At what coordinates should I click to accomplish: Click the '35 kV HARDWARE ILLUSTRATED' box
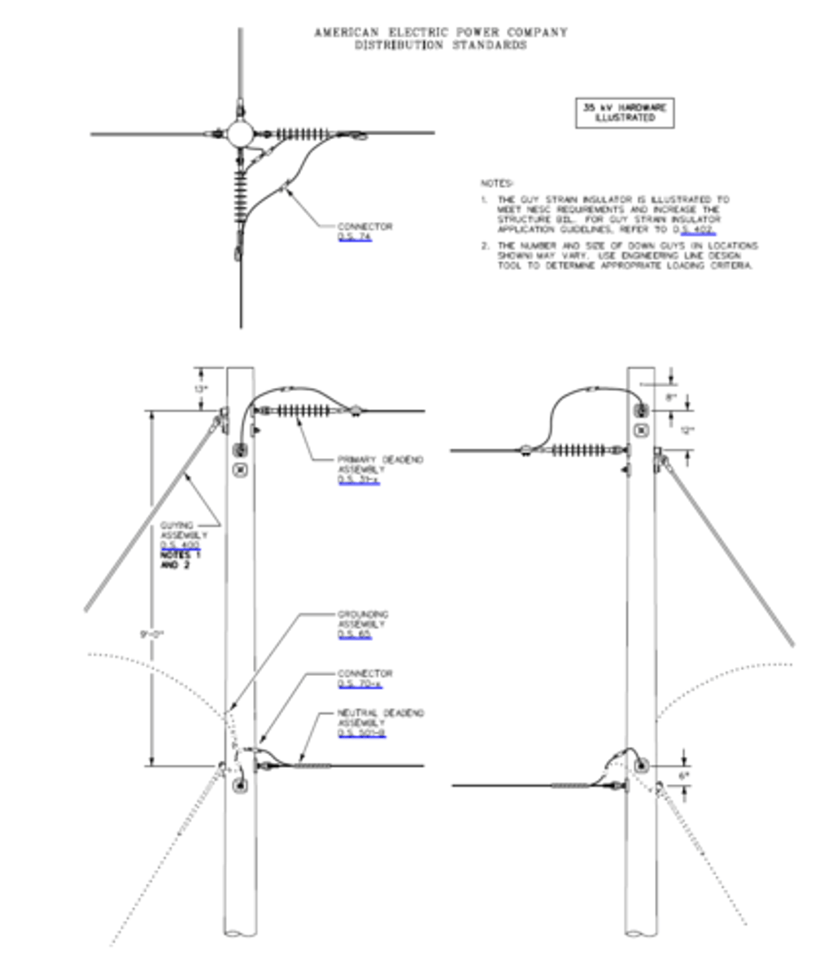click(624, 113)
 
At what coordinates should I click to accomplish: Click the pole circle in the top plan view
click(240, 133)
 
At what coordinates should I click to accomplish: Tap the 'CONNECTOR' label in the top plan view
click(364, 226)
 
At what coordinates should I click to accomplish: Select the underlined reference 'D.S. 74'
click(354, 237)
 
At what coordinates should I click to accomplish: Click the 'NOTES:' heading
click(497, 184)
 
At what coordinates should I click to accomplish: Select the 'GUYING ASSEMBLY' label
click(183, 530)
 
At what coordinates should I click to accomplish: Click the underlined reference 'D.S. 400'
click(179, 546)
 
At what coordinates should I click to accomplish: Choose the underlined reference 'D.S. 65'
click(354, 634)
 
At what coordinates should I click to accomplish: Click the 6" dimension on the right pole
click(683, 776)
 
